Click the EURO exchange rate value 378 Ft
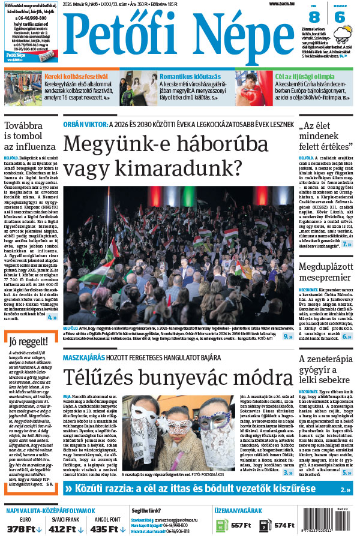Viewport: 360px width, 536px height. coord(23,529)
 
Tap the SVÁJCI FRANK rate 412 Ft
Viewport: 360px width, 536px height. coord(65,529)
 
